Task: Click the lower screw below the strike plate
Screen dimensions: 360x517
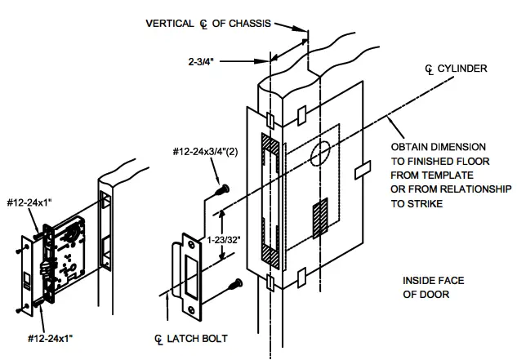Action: tap(235, 284)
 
